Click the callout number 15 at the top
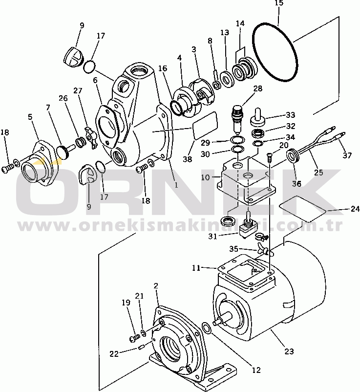click(x=279, y=3)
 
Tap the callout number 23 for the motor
click(x=289, y=351)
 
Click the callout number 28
click(x=258, y=88)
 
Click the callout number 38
click(x=188, y=159)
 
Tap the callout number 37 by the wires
click(x=347, y=155)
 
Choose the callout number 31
click(x=212, y=236)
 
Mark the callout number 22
click(x=114, y=354)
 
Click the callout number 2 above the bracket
click(x=156, y=286)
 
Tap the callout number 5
click(x=30, y=117)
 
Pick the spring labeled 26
click(x=81, y=143)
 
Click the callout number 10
click(x=205, y=177)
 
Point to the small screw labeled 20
click(x=269, y=157)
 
